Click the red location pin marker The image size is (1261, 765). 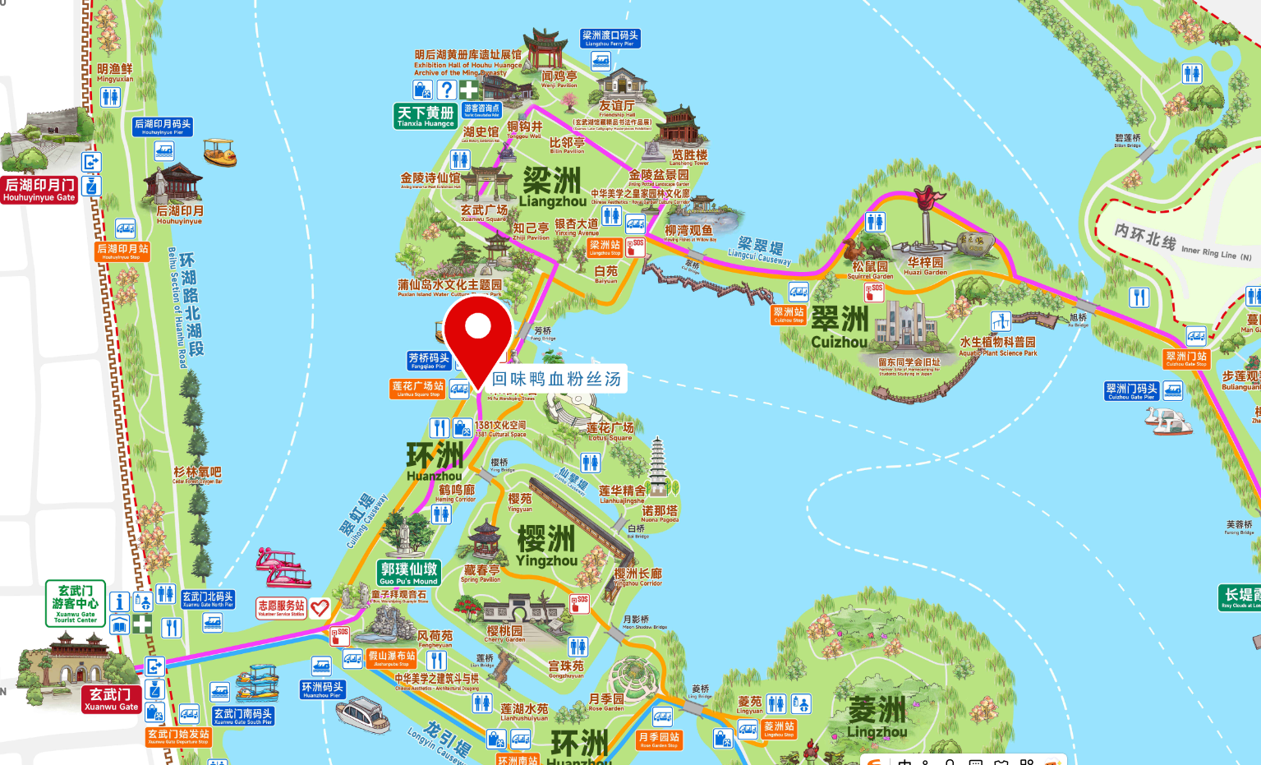click(x=477, y=329)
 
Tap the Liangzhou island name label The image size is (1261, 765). click(x=552, y=187)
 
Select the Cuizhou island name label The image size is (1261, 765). click(x=840, y=328)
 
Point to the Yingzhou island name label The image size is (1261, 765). click(x=546, y=546)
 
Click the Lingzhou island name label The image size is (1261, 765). click(x=877, y=717)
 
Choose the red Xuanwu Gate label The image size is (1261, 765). click(x=112, y=699)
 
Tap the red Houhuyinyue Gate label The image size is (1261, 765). click(x=39, y=189)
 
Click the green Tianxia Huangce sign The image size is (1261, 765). click(x=426, y=116)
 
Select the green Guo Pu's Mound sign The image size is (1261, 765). click(x=409, y=573)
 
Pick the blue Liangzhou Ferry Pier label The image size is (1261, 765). click(x=610, y=38)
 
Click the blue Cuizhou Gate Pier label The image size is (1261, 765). click(x=1131, y=391)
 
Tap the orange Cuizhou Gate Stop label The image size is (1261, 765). click(x=1186, y=358)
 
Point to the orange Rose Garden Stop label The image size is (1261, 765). click(x=659, y=740)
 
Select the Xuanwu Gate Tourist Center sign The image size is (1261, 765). click(x=75, y=603)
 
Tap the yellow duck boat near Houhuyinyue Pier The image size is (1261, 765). click(x=219, y=153)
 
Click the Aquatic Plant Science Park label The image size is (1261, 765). click(x=998, y=346)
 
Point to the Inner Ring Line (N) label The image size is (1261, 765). click(x=1183, y=244)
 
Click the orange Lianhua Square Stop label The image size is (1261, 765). click(x=417, y=388)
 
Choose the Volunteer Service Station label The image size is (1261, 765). click(x=281, y=608)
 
